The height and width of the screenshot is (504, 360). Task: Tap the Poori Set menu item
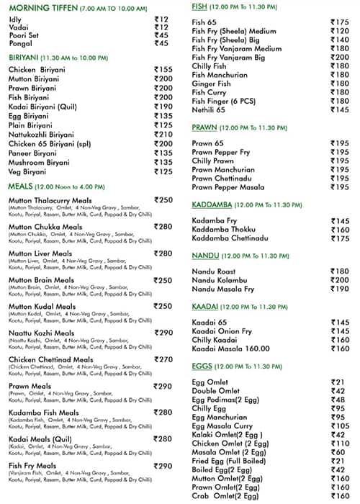[x=24, y=35]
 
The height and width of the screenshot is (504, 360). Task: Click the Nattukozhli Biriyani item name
[x=41, y=135]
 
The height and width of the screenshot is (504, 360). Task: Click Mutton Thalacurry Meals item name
[x=50, y=200]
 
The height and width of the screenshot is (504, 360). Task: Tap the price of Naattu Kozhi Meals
[x=163, y=333]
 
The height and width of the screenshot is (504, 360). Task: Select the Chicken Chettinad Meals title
[x=50, y=359]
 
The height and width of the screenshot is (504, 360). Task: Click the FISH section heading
[x=199, y=6]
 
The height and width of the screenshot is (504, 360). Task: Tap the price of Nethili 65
[x=340, y=110]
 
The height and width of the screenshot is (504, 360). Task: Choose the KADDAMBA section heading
[x=215, y=204]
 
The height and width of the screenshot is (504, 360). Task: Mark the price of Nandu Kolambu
[x=340, y=280]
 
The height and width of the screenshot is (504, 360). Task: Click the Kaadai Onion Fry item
[x=222, y=330]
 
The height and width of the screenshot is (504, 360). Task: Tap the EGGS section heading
[x=202, y=366]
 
